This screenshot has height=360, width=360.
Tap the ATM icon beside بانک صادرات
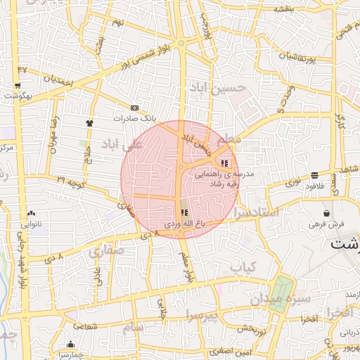pos(135,108)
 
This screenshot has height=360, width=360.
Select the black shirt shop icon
pos(90,123)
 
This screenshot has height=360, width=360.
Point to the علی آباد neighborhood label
pos(122,144)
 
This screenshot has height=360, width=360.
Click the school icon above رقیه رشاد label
pos(224,163)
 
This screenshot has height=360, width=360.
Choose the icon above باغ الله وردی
pos(184,212)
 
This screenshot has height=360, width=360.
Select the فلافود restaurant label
pos(313,186)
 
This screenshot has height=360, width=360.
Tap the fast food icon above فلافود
pos(314,175)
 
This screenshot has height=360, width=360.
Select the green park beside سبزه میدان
pos(281,293)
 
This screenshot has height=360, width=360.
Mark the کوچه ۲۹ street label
pos(71,183)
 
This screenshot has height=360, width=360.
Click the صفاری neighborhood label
pos(105,250)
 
